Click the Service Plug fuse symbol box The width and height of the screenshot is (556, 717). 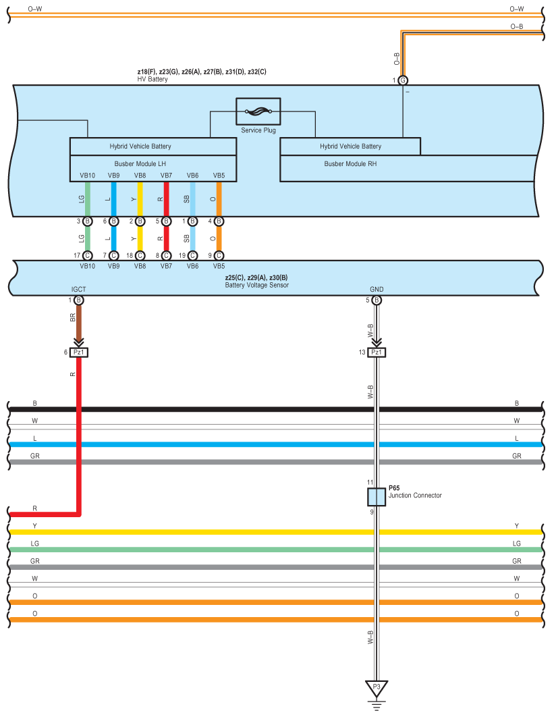258,111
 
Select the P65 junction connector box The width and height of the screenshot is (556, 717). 377,497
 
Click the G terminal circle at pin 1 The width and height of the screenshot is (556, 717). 403,80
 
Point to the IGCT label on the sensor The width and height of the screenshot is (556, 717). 78,290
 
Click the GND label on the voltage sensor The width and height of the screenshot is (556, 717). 377,290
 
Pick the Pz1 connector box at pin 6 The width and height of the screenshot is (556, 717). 78,352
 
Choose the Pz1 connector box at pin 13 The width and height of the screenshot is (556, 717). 377,352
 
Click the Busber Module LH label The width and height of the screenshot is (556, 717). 140,163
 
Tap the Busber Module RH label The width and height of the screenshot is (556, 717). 350,163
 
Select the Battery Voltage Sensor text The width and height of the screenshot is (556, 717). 257,285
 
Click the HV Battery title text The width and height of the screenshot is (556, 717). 152,79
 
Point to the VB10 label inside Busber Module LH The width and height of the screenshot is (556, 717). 87,176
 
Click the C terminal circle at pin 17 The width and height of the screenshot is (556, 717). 87,256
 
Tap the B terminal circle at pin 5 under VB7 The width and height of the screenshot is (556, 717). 166,221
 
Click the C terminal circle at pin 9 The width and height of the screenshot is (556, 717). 219,256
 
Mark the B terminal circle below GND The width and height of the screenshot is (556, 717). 377,300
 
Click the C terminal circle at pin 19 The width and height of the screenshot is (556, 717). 193,256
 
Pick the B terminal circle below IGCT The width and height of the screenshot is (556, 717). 78,300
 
